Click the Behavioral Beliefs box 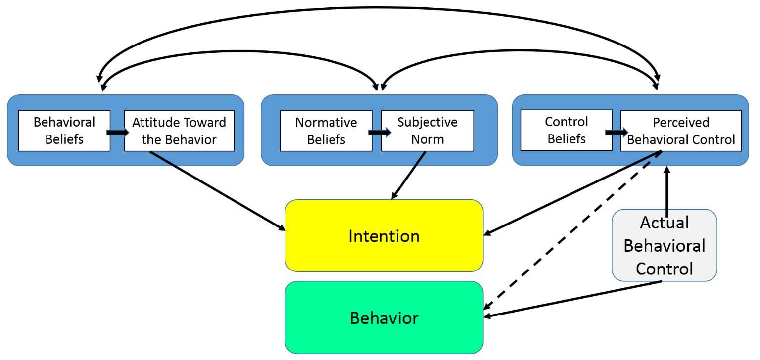point(64,131)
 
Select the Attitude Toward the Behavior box point(179,131)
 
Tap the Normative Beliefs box point(326,131)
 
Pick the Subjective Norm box point(427,131)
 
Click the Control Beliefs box point(566,130)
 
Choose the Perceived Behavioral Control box point(681,131)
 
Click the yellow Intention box point(384,235)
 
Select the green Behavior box point(384,317)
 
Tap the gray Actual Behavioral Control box point(665,245)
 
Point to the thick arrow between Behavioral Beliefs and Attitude point(117,132)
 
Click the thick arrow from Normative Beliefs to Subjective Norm point(380,132)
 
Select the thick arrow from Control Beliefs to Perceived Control point(617,132)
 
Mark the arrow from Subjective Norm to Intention point(409,175)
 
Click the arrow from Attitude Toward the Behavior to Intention point(218,191)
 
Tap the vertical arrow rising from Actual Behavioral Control point(666,191)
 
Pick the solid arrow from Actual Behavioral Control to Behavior point(572,300)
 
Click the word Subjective point(427,122)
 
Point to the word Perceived point(681,122)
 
